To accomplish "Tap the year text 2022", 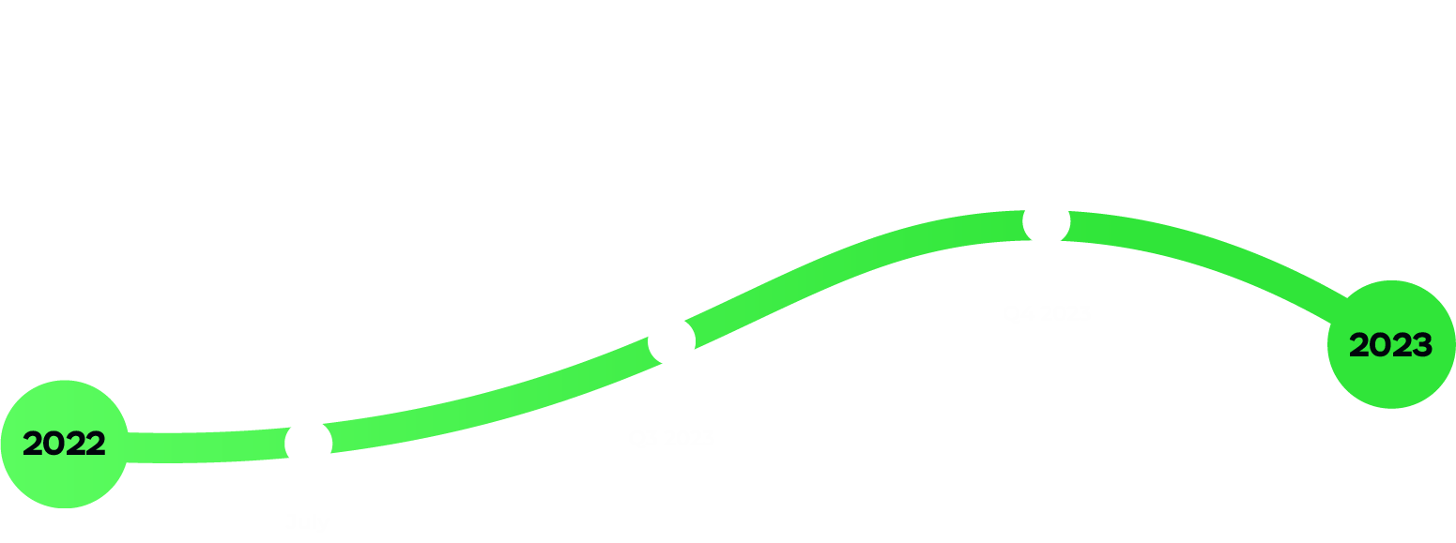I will coord(64,444).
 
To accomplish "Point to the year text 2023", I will coord(1390,345).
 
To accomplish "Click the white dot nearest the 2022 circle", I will coord(309,442).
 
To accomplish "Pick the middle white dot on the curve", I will coord(671,340).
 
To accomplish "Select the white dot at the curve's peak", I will coord(1046,223).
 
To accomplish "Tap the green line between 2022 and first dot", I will coord(207,447).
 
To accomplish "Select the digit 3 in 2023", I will coord(1423,345).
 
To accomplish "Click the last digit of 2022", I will coord(96,444).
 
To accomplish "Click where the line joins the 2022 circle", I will coord(128,447).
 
